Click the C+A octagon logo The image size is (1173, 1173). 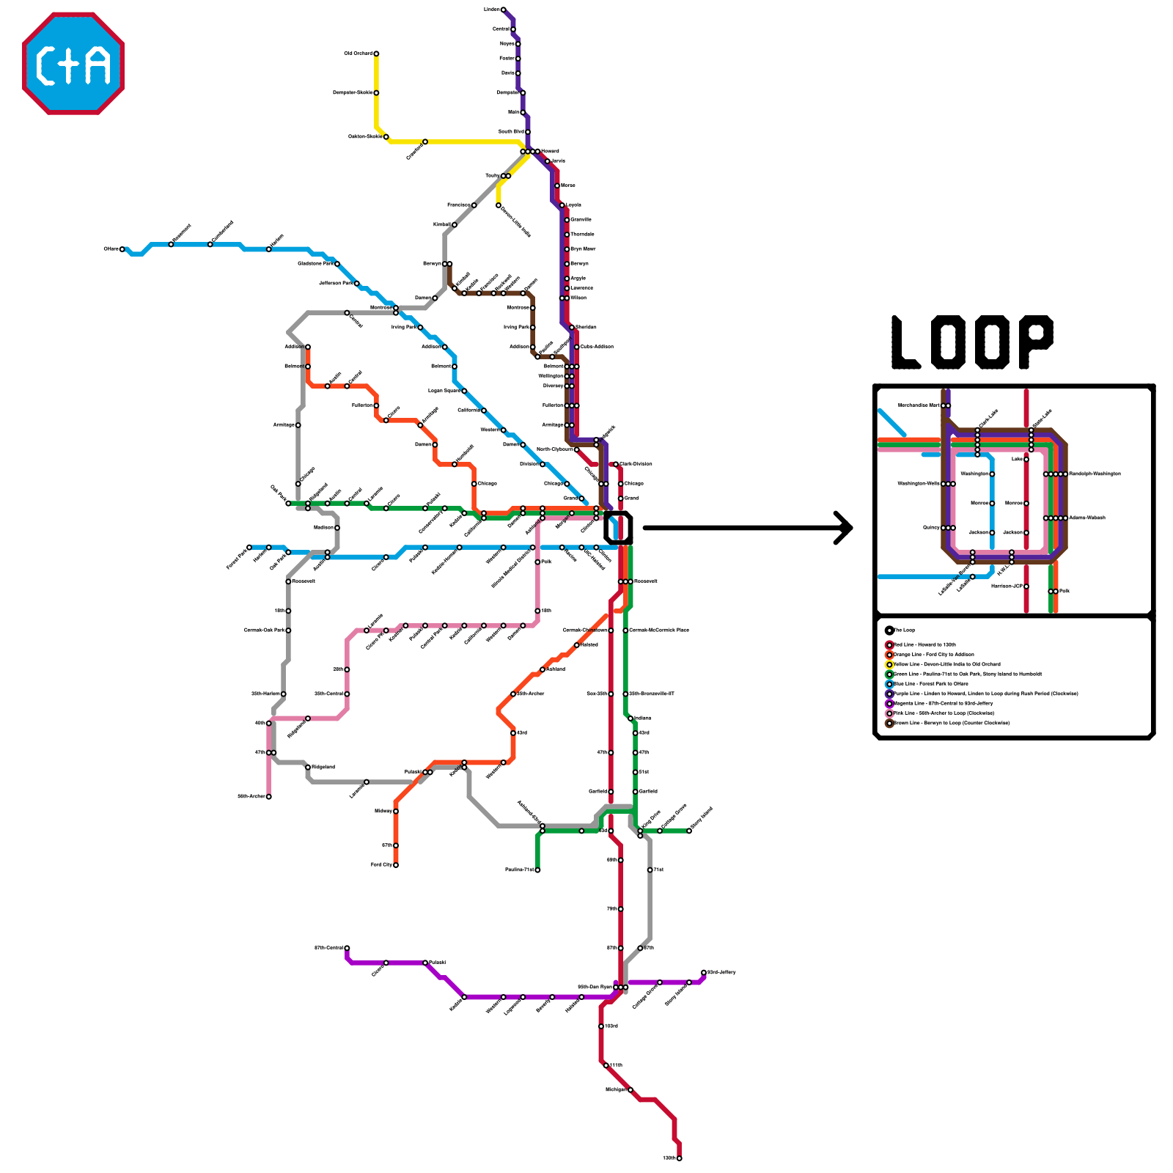73,63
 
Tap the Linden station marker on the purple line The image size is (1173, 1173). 503,10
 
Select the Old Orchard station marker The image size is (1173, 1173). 376,54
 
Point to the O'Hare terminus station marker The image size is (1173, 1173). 122,249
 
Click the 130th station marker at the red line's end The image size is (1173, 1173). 680,1158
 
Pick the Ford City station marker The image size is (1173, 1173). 396,865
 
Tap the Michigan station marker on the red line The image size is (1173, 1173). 630,1090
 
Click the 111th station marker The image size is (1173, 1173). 606,1065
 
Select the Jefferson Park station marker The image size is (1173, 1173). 357,283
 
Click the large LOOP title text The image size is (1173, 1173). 972,342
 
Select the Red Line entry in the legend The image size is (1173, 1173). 924,645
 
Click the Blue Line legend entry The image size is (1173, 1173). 930,684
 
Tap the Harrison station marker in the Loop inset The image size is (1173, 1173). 1026,586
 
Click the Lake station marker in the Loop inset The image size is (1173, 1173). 1026,460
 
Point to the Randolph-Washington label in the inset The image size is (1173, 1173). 1095,474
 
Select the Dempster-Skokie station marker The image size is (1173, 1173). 376,93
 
